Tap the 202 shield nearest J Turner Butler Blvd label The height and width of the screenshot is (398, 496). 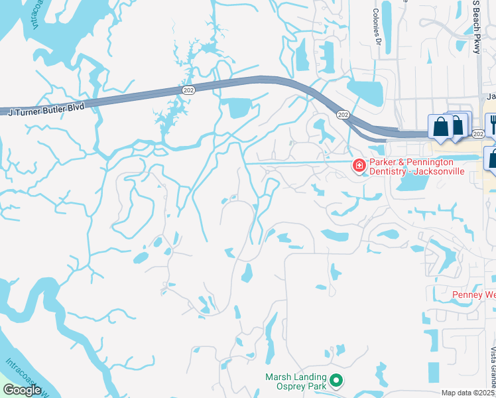tap(189, 89)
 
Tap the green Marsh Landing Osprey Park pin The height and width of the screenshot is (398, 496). tap(337, 381)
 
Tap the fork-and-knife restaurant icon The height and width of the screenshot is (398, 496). tap(491, 124)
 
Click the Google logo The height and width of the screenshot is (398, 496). tap(22, 390)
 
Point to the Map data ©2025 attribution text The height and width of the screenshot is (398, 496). tap(467, 393)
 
